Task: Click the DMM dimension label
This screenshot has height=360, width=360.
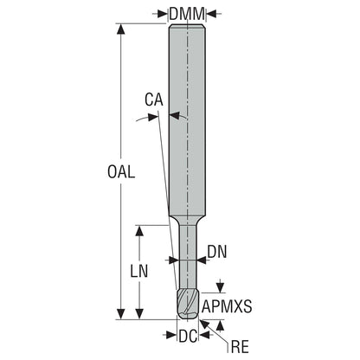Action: (x=187, y=14)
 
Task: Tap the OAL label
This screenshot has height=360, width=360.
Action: (x=121, y=172)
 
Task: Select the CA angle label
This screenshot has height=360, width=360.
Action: (x=154, y=100)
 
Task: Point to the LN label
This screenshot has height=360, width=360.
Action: (x=139, y=271)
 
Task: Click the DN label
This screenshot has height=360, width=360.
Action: (x=217, y=252)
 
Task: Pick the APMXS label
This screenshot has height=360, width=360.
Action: (x=227, y=306)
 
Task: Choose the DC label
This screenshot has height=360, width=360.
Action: (x=188, y=336)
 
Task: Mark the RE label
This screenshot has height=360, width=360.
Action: (x=240, y=346)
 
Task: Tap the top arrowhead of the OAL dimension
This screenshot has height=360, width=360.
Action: (x=121, y=29)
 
